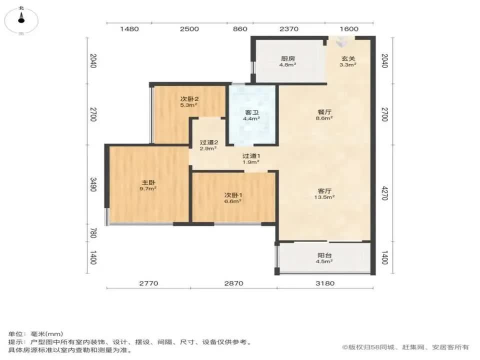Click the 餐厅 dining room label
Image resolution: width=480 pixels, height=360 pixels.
click(x=325, y=112)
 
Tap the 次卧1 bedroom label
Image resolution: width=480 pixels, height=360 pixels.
click(x=233, y=194)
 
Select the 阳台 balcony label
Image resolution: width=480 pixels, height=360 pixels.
click(x=324, y=254)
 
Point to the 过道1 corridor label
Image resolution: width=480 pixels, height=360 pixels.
click(x=251, y=155)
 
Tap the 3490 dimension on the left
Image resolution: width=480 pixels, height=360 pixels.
click(x=93, y=184)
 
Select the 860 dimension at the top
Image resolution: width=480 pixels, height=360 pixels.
click(x=240, y=29)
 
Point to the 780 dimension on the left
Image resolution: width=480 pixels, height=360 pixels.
click(x=93, y=232)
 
